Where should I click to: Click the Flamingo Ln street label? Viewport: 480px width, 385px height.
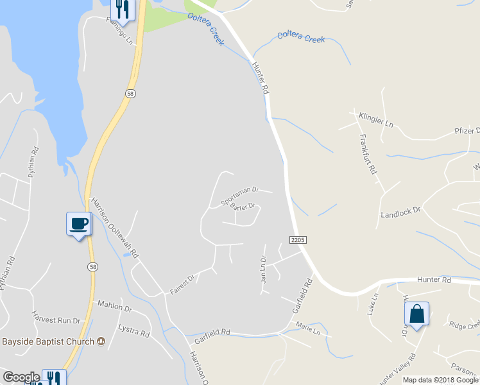pos(123,31)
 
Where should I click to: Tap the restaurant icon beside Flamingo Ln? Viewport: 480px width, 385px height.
pos(121,9)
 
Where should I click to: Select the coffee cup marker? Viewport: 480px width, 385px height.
pos(79,224)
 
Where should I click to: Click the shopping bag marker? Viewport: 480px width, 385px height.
pos(416,314)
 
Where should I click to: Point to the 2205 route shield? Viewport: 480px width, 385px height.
pos(298,239)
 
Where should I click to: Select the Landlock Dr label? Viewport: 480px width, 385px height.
pos(400,212)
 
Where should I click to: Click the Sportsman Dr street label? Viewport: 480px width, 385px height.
pos(239,196)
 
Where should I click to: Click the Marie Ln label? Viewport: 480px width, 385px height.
pos(308,330)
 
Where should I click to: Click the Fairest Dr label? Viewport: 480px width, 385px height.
pos(182,285)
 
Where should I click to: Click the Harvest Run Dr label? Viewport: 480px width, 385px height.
pos(56,318)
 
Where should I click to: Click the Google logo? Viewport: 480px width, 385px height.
pos(21,377)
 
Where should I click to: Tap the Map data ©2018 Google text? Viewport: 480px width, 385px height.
pos(441,380)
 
